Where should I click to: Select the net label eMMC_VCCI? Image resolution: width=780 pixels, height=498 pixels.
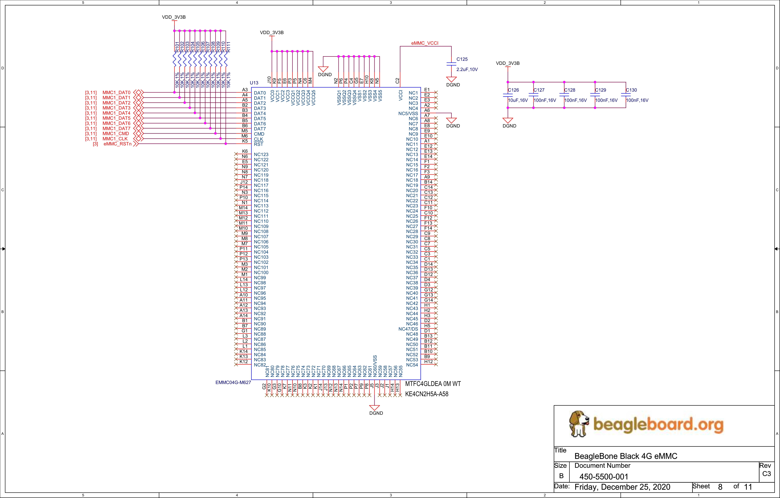pos(425,43)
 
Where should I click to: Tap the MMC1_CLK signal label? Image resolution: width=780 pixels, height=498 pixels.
pos(115,139)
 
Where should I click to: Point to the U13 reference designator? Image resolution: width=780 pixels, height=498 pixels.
pos(254,83)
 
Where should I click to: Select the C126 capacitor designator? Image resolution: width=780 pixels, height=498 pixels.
pos(513,90)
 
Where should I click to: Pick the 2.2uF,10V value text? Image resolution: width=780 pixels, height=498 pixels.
pos(467,69)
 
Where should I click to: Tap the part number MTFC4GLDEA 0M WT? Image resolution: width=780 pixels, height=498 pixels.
pos(433,384)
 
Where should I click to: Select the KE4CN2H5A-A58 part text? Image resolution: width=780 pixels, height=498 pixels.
pos(427,394)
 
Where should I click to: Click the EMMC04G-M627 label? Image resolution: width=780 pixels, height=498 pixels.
pos(233,382)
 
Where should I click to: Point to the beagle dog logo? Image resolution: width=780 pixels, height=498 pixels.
pos(579,423)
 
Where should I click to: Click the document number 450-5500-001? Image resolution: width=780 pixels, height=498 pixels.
pos(604,477)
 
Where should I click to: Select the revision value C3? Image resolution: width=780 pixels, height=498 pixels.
pos(767,474)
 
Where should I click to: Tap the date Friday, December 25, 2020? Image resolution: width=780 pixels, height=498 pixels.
pos(622,487)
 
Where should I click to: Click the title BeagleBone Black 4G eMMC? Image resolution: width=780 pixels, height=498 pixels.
pos(626,456)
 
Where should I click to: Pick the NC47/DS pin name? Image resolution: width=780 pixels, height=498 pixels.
pos(408,329)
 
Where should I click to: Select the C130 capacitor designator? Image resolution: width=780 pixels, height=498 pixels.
pos(631,90)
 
